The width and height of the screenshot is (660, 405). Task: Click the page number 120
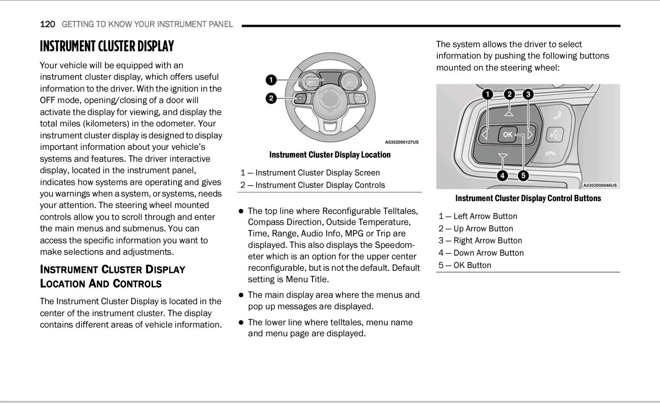48,24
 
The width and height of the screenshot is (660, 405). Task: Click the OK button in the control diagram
507,135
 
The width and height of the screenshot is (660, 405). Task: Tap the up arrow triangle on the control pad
509,114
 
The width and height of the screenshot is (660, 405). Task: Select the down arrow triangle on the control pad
503,156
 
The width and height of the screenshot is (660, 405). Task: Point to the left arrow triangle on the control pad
484,135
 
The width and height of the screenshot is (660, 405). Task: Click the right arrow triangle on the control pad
530,135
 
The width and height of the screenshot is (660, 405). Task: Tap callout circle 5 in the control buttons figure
523,176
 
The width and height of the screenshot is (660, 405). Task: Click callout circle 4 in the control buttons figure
502,176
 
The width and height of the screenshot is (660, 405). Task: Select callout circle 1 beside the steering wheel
271,80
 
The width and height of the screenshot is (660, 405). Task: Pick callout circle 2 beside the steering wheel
271,98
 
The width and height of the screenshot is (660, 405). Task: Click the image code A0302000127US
402,142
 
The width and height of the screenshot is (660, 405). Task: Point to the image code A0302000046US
600,185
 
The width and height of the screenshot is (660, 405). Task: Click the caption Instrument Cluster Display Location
330,155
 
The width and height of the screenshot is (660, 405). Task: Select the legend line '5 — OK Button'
465,265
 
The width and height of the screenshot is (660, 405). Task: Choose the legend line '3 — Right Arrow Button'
480,241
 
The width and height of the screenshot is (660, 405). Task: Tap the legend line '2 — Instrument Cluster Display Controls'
313,185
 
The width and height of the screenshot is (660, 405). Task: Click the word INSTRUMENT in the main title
67,47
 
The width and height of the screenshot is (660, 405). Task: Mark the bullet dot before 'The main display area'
241,295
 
